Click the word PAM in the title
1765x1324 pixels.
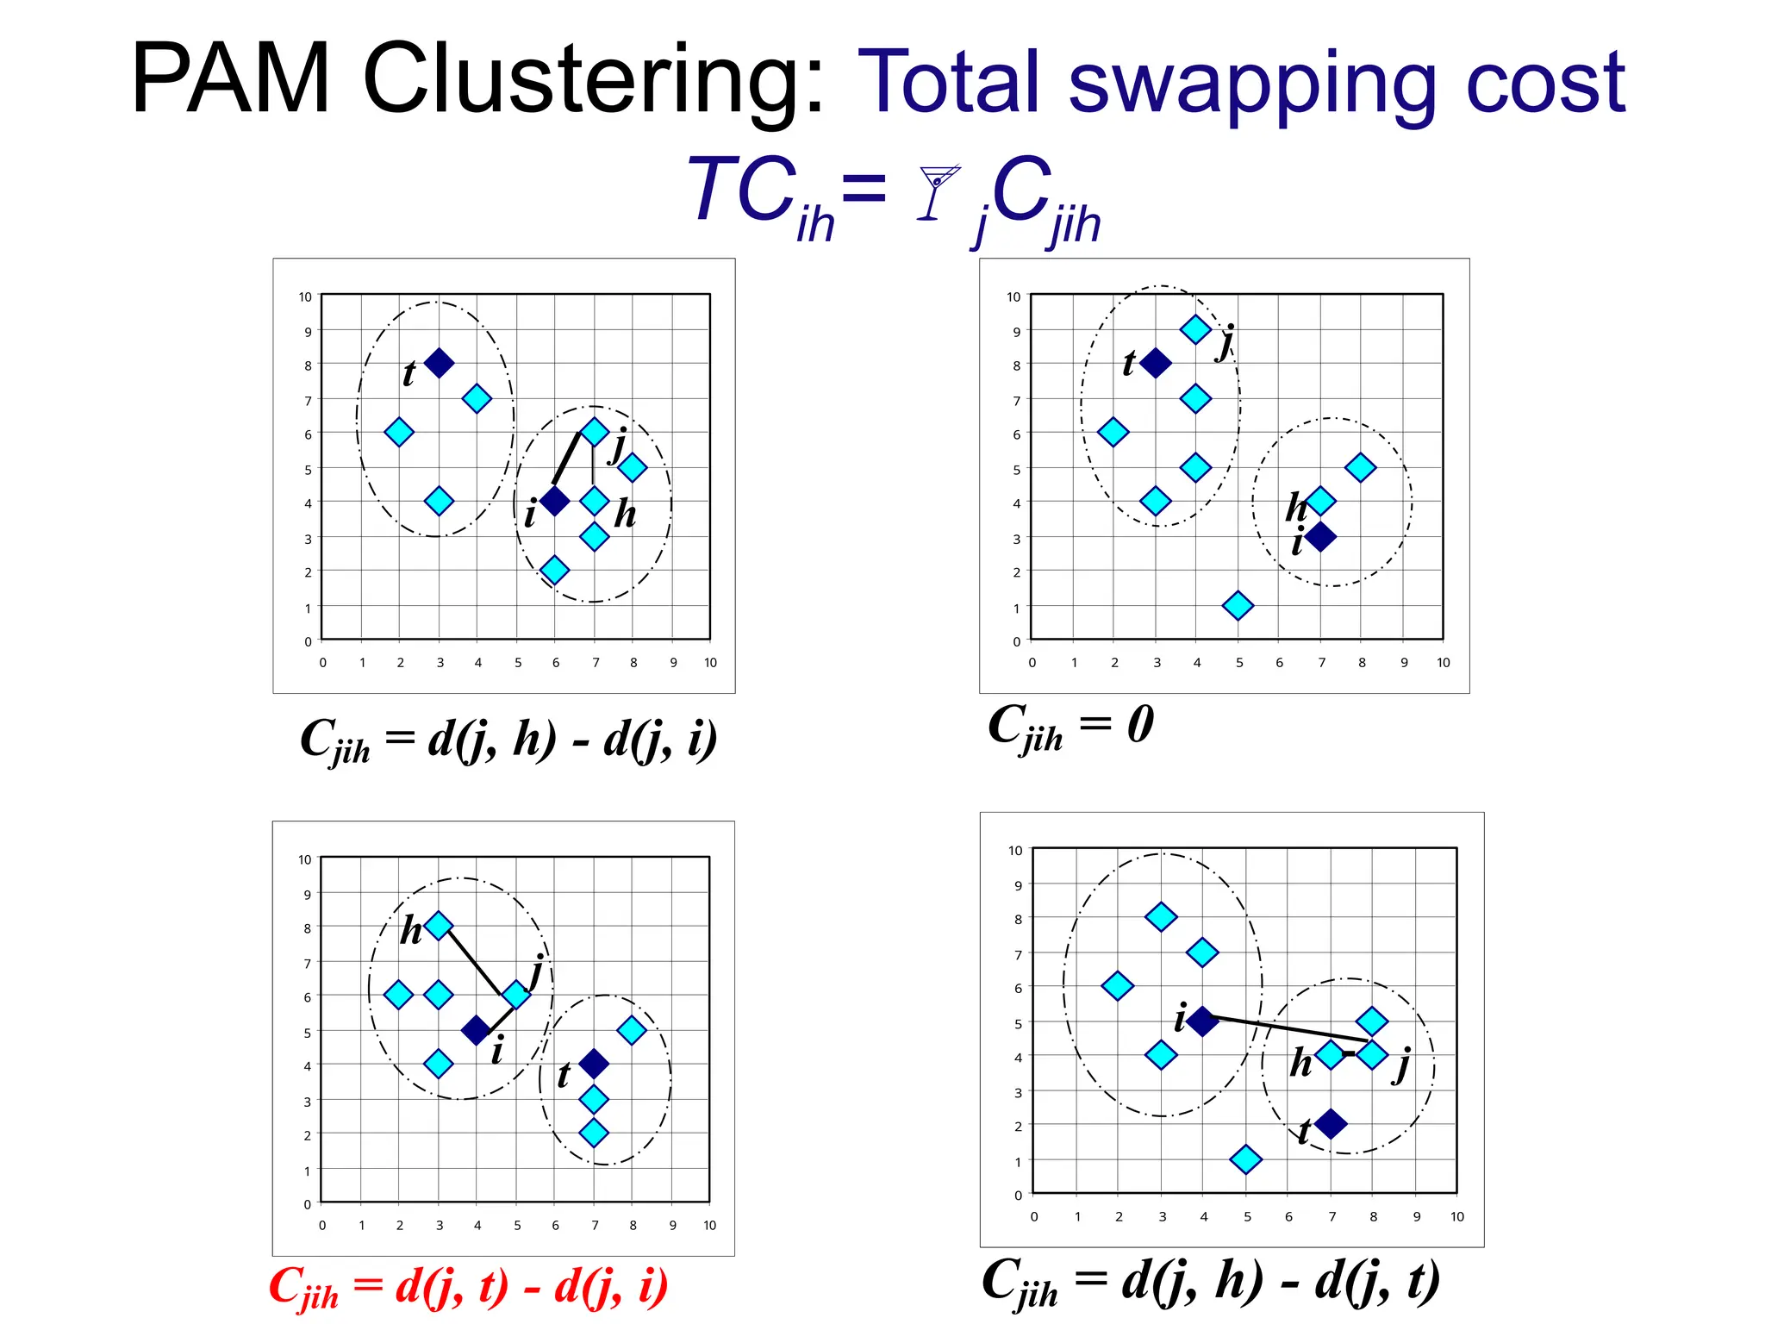(231, 79)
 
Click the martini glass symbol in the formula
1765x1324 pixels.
(936, 191)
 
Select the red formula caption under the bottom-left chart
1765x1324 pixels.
(468, 1287)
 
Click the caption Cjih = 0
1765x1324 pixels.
(1070, 727)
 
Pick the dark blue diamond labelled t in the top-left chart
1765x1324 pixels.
(439, 363)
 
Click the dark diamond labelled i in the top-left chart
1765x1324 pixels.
(554, 501)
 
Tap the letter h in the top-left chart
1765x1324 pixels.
(625, 514)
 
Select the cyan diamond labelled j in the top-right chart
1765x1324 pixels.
(1195, 329)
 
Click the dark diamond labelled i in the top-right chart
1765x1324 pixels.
(1320, 537)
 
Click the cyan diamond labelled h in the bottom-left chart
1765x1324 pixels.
(439, 926)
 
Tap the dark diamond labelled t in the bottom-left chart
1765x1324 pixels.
(594, 1064)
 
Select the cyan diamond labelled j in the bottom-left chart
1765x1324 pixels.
(516, 995)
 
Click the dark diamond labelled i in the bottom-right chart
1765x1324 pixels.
(1202, 1021)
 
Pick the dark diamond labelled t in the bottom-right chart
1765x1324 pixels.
(1331, 1124)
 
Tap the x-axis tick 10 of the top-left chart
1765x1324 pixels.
(710, 663)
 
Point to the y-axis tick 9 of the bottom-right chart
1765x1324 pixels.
(1018, 885)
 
